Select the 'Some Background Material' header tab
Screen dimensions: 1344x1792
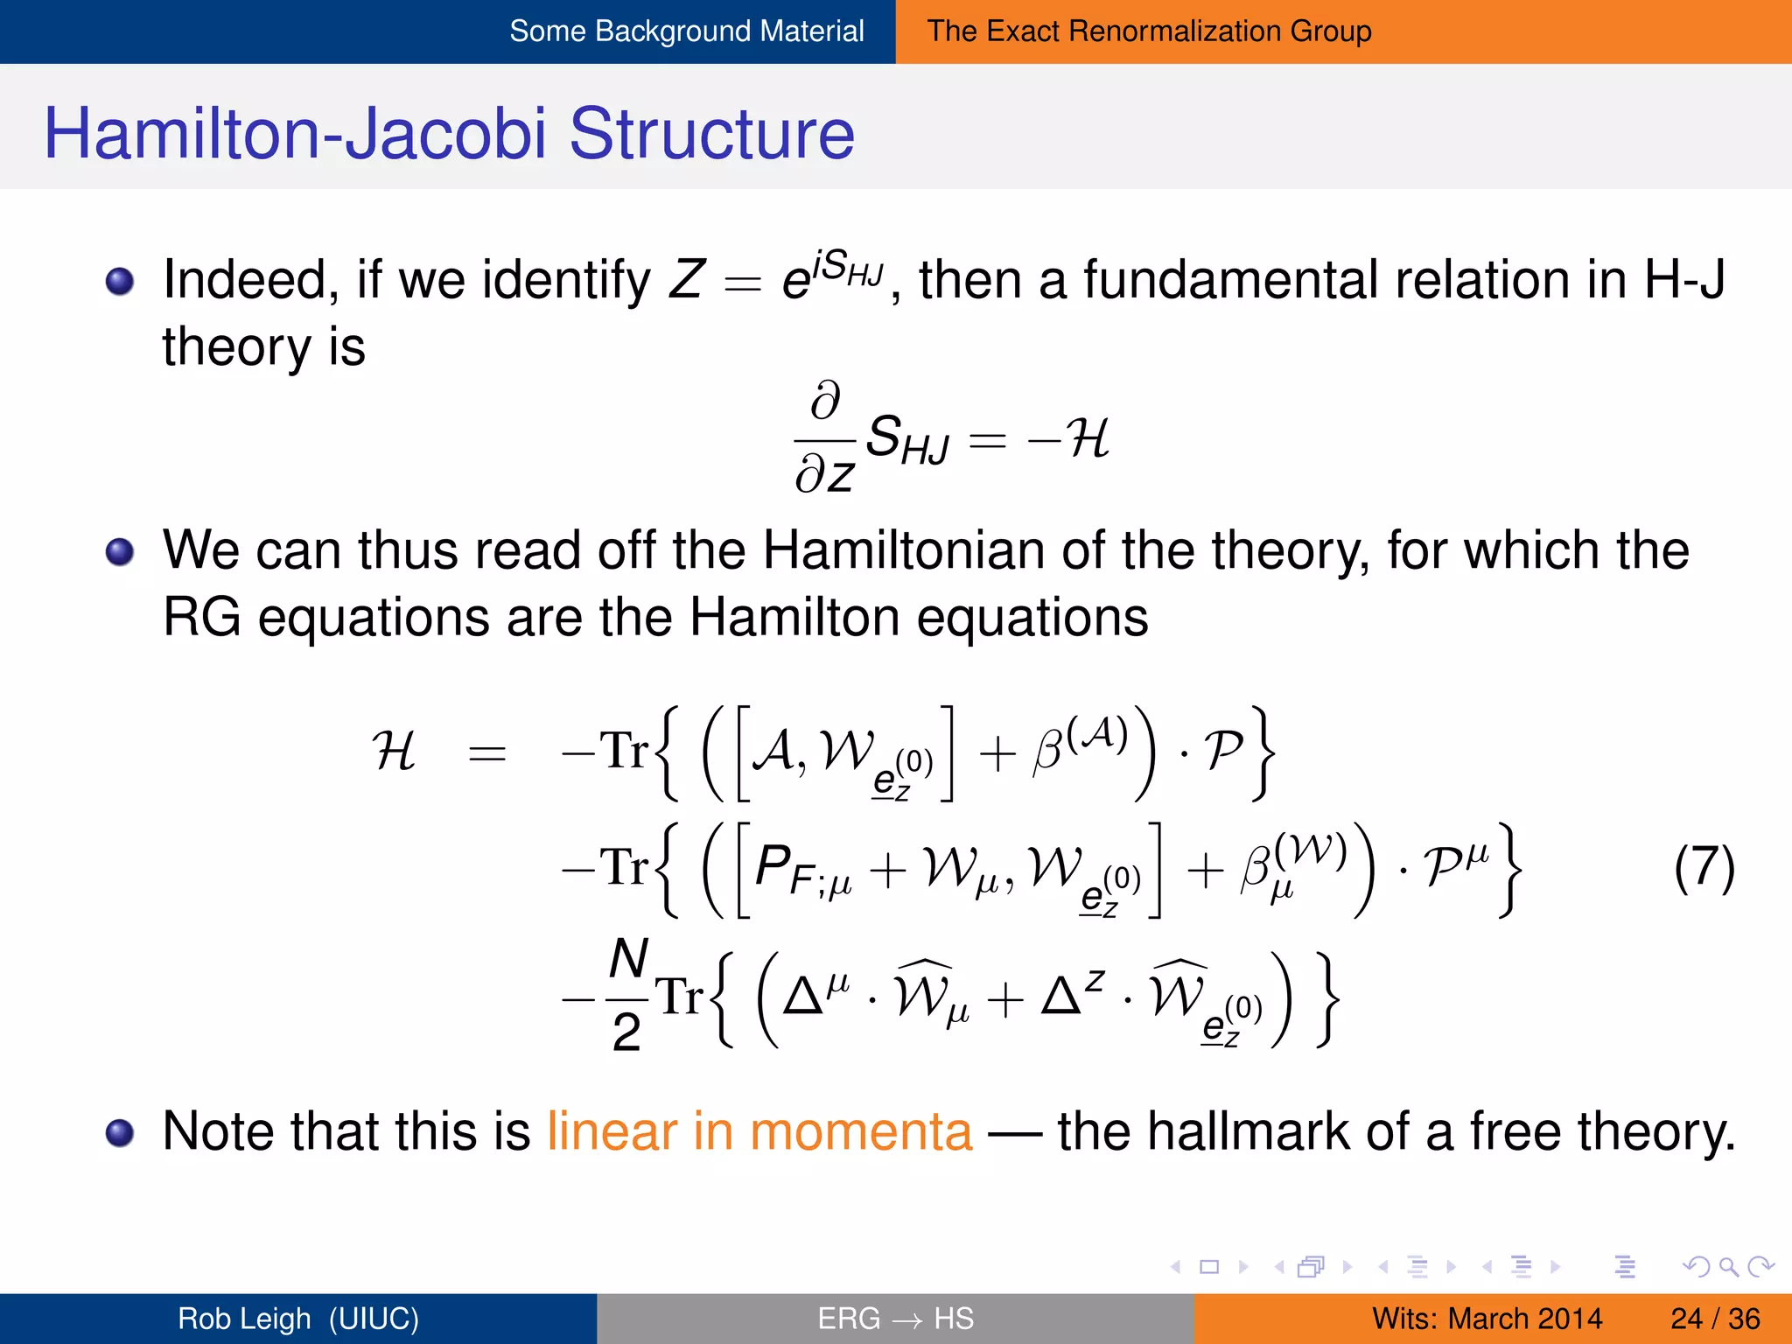tap(686, 31)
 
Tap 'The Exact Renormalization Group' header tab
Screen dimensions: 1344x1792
tap(1148, 31)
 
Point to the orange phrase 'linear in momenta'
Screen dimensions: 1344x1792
tap(759, 1131)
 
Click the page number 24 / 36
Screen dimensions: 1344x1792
tap(1714, 1318)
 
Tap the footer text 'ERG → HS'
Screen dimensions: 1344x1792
tap(894, 1318)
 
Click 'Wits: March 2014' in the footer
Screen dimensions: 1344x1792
tap(1486, 1318)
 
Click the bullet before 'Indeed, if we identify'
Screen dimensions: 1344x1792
tap(120, 282)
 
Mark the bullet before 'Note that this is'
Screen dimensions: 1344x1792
tap(120, 1133)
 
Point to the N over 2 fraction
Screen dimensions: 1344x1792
tap(627, 996)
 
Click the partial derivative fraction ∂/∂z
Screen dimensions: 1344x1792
tap(825, 437)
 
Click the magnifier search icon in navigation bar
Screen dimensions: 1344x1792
tap(1727, 1266)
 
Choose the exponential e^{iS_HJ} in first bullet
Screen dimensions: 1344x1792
tap(832, 275)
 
